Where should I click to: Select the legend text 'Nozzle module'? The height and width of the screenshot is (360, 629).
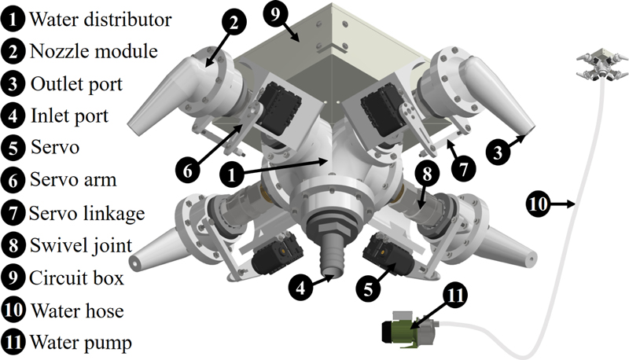(x=93, y=51)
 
